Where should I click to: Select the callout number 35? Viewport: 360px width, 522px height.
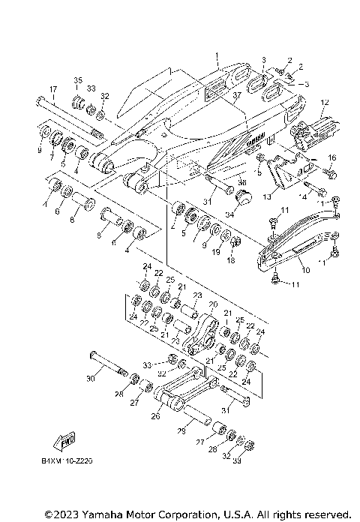pos(77,79)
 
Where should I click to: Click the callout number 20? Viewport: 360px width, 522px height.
pos(212,305)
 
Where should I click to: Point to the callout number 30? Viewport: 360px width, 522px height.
pos(91,379)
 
